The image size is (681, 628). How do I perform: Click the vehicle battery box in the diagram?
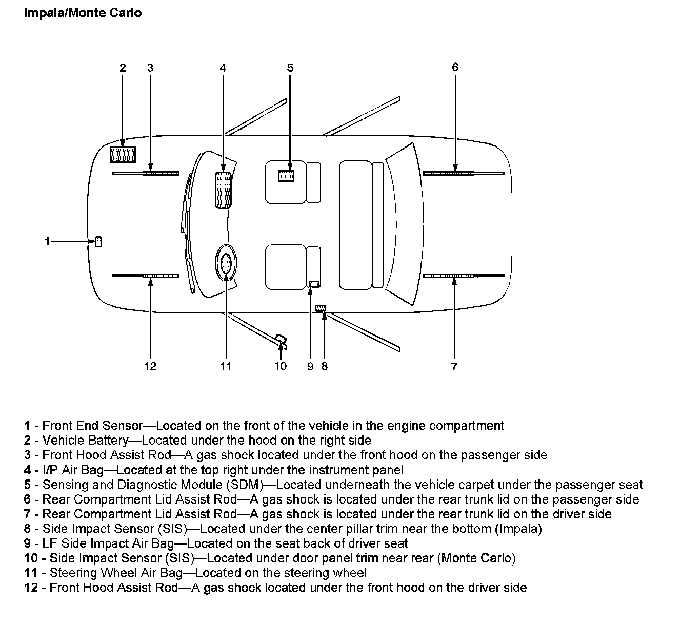123,154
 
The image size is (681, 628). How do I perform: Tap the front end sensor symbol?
98,241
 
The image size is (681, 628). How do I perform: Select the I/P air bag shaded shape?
223,190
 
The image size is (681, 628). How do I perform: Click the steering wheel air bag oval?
226,263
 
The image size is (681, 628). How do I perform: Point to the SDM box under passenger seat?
286,176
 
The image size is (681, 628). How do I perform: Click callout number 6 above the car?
455,67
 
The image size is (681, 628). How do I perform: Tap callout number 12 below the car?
150,366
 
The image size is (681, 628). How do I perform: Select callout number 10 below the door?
280,366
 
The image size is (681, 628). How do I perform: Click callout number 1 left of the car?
48,241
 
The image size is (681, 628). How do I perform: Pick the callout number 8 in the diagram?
324,366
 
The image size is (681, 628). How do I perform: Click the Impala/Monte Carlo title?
83,13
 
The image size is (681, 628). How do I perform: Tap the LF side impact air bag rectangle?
314,283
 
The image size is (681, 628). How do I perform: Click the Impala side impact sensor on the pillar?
321,308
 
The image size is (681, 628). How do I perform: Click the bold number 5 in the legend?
27,485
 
